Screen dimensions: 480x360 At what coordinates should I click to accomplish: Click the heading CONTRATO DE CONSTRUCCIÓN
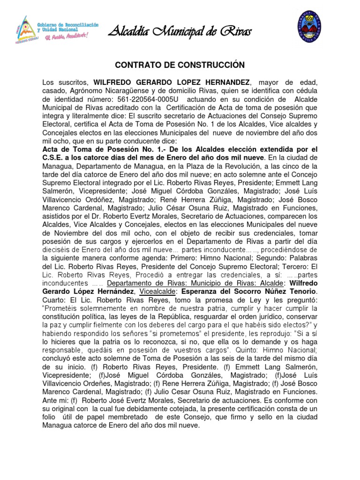(180, 64)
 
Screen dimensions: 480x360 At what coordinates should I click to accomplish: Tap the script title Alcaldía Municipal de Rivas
(180, 32)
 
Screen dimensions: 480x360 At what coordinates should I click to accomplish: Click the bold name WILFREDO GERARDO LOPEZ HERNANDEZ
(173, 82)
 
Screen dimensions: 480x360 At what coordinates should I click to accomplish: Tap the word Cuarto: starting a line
(55, 300)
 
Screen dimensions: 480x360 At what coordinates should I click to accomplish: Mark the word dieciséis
(58, 249)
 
